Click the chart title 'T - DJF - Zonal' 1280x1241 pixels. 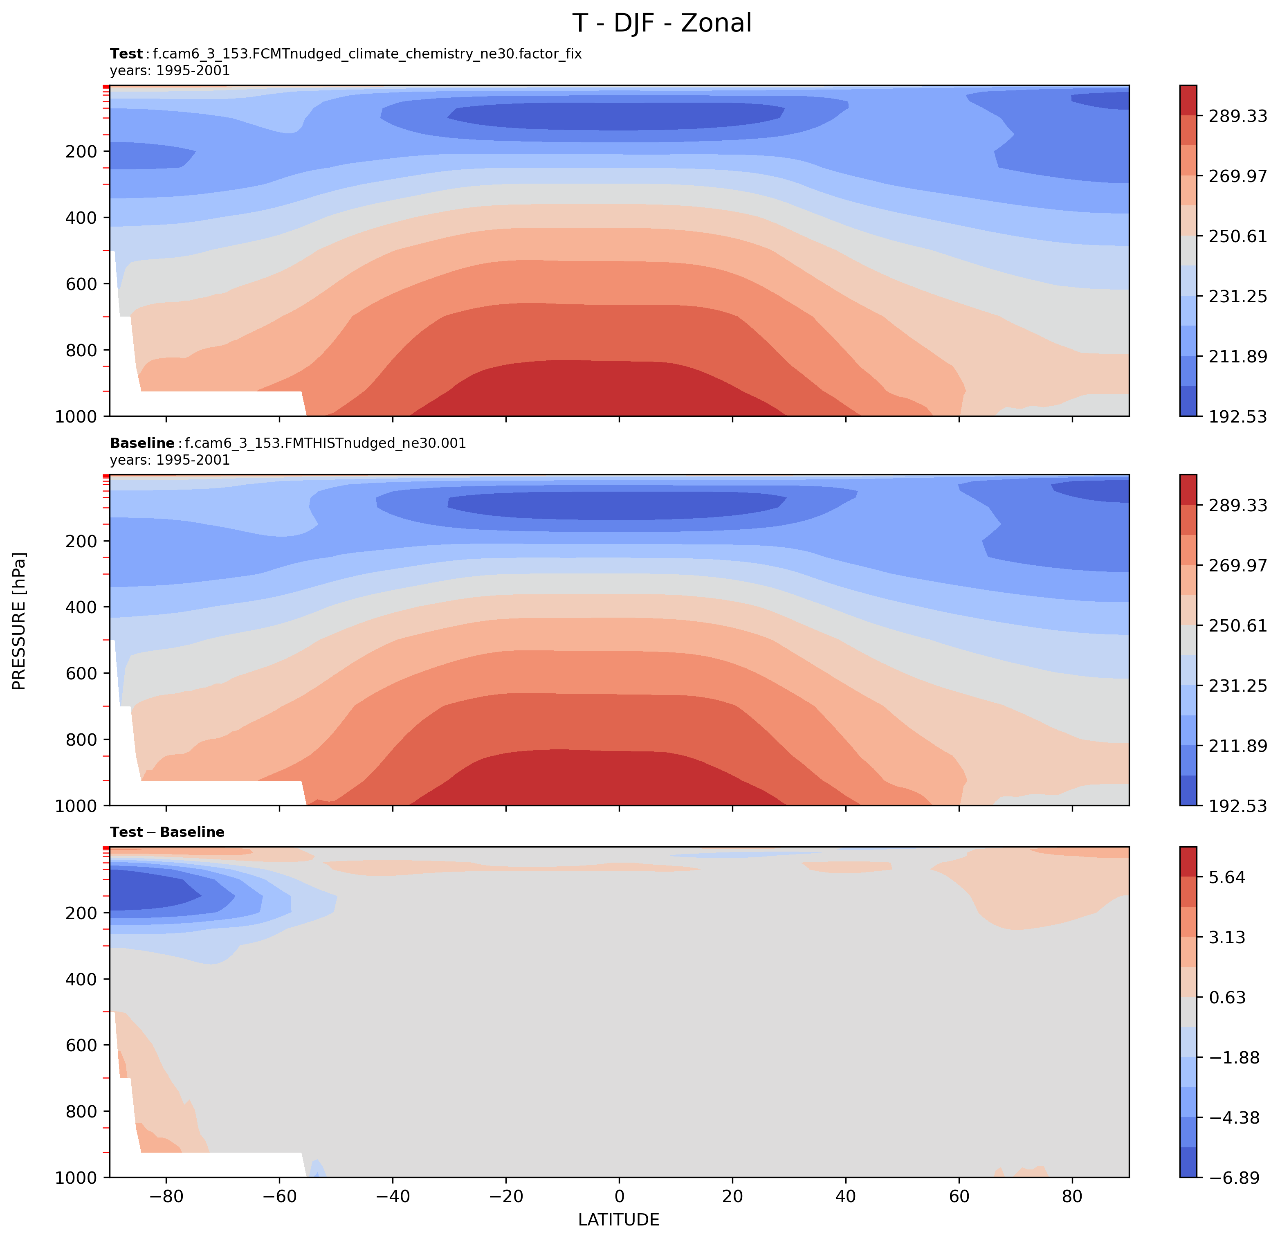click(x=662, y=23)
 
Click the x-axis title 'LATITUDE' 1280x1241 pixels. click(x=618, y=1219)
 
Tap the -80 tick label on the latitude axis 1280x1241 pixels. click(x=166, y=1196)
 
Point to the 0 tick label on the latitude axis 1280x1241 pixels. click(x=619, y=1196)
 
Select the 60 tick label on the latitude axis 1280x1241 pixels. click(x=959, y=1196)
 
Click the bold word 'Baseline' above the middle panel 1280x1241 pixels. click(x=142, y=443)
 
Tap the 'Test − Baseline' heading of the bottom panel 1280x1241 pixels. click(x=167, y=832)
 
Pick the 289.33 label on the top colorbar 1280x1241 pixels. click(x=1237, y=116)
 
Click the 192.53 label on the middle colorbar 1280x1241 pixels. click(x=1237, y=805)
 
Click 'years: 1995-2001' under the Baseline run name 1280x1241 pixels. click(x=170, y=460)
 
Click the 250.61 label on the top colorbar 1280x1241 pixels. click(x=1237, y=236)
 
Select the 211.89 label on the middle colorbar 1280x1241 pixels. click(x=1237, y=745)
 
